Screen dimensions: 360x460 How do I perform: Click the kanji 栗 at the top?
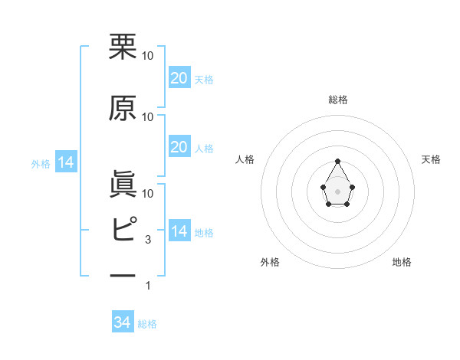click(123, 47)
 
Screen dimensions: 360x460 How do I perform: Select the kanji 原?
click(123, 108)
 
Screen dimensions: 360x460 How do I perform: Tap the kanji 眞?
click(123, 185)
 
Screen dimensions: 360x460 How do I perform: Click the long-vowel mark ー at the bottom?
click(123, 274)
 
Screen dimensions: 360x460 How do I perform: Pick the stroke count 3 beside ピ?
click(149, 240)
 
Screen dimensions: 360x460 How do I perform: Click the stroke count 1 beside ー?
click(149, 286)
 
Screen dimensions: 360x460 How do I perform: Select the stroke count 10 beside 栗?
click(148, 56)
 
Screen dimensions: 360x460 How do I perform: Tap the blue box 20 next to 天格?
click(179, 78)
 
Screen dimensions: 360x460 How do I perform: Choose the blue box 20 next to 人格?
click(179, 147)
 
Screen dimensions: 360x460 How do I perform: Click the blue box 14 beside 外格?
click(66, 162)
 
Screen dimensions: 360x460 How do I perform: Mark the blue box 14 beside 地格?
click(179, 231)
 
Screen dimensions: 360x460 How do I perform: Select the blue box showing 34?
click(122, 322)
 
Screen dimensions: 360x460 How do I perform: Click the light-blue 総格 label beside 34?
click(147, 324)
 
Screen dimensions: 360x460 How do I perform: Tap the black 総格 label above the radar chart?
click(338, 100)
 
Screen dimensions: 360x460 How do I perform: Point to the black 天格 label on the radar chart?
click(432, 159)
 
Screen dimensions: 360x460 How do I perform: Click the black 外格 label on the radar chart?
click(270, 262)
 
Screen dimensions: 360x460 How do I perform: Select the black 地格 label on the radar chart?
click(402, 262)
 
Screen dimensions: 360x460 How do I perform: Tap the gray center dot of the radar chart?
click(338, 191)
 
